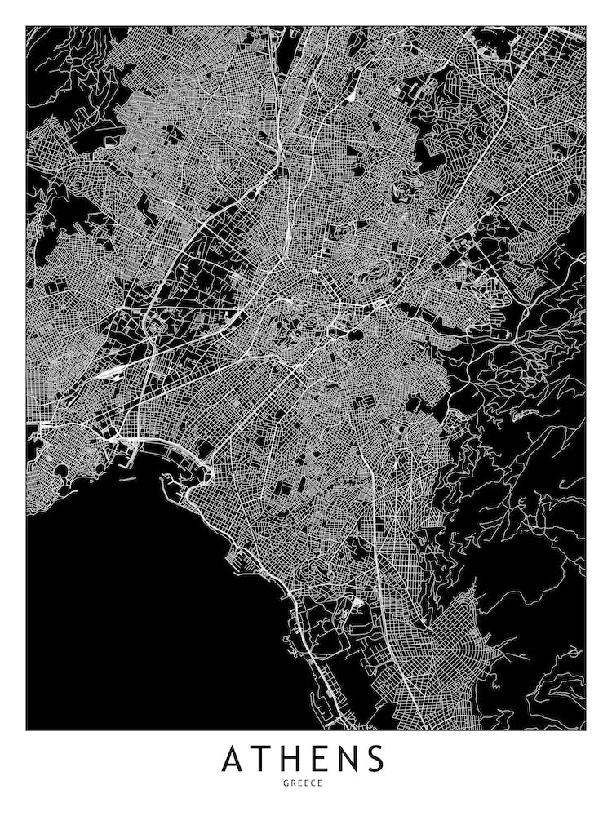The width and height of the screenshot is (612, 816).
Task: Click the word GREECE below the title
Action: pos(305,783)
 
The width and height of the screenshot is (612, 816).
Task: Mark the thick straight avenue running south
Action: pos(377,530)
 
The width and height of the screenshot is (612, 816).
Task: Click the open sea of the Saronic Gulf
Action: pos(122,612)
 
